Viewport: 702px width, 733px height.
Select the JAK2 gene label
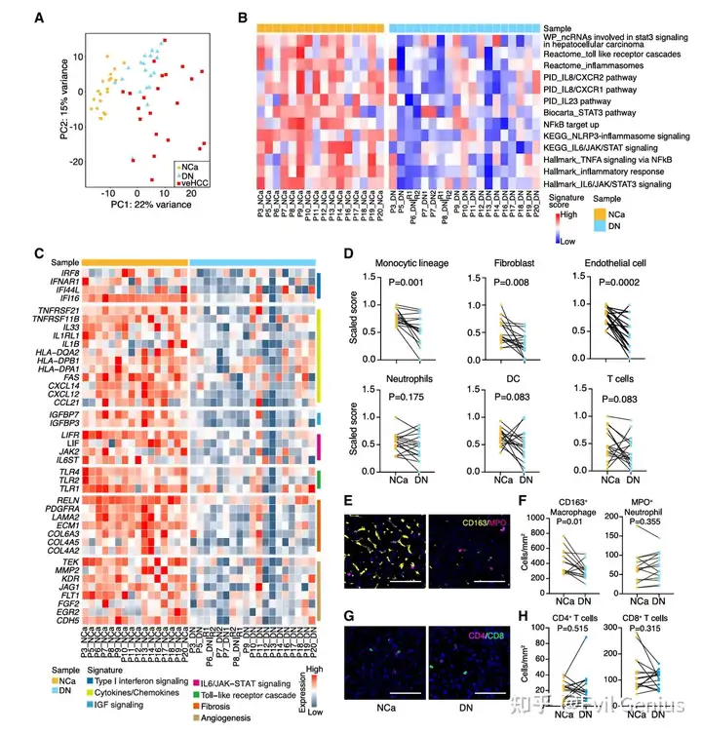[x=65, y=451]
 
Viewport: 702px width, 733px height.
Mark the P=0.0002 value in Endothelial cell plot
[x=604, y=283]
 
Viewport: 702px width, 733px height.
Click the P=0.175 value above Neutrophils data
[x=402, y=397]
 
